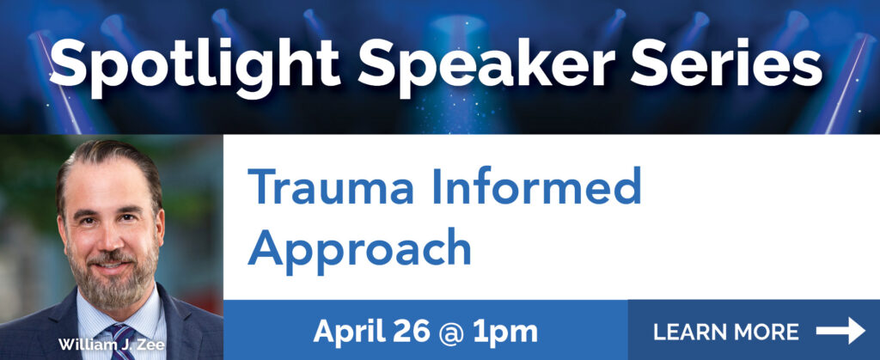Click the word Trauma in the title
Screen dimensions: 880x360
tap(331, 186)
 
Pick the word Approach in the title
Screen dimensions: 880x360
tap(359, 249)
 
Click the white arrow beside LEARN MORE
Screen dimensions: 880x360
tap(840, 330)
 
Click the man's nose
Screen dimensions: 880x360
tap(109, 236)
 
